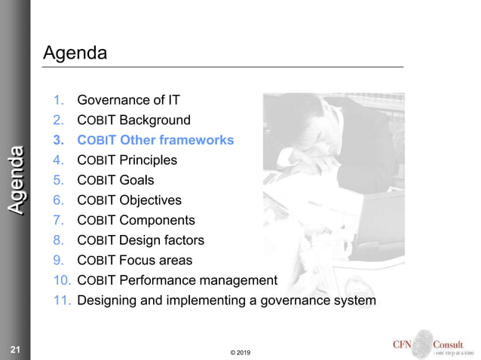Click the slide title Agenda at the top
75,53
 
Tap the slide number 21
14,349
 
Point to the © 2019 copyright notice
240,352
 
